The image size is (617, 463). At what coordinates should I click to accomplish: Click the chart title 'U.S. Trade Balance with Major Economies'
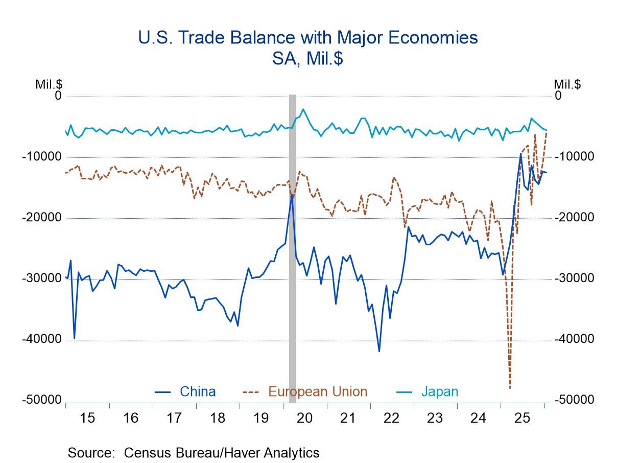coord(308,38)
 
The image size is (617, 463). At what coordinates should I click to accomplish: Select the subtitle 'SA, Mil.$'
coord(308,58)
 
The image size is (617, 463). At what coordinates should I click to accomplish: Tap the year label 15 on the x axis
coord(87,418)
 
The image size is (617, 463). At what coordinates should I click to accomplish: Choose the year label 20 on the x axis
coord(304,418)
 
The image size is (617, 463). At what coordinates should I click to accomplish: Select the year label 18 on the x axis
coord(218,418)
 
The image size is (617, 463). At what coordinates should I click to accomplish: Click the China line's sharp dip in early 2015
coord(74,338)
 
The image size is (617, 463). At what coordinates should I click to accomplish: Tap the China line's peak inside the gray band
coord(292,194)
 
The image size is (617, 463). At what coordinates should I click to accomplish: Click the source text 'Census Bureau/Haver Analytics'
coord(222,453)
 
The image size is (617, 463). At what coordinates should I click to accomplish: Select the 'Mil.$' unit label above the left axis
coord(49,84)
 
